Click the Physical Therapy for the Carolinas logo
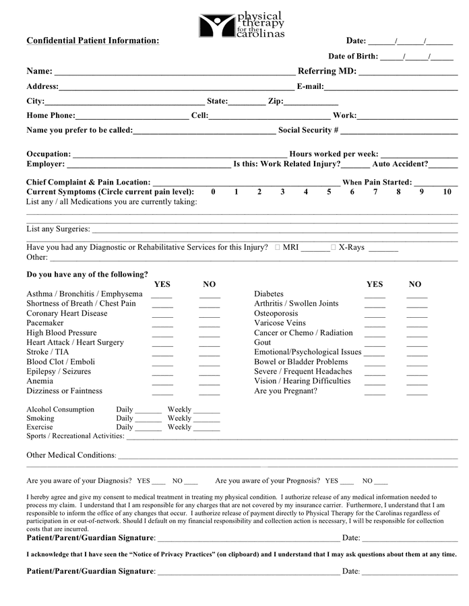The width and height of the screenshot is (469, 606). tap(241, 25)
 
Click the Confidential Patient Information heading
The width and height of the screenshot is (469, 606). tap(92, 40)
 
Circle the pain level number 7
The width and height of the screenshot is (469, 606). tap(375, 192)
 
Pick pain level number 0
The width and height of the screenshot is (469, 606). tap(213, 192)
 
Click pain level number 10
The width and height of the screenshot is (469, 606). tap(447, 192)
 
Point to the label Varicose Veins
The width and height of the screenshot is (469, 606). tap(280, 323)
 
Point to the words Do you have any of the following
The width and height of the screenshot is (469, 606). tap(87, 275)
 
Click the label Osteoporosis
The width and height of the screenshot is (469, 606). tap(276, 314)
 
